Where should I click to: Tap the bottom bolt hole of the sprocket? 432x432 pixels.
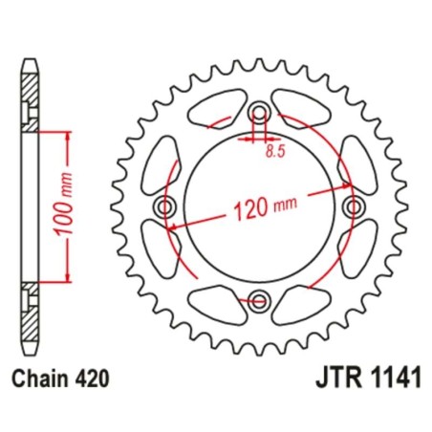[260, 301]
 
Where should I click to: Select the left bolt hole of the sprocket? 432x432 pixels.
[167, 208]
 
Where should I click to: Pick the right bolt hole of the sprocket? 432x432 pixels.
[353, 208]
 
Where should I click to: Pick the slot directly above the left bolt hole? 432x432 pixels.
[166, 159]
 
